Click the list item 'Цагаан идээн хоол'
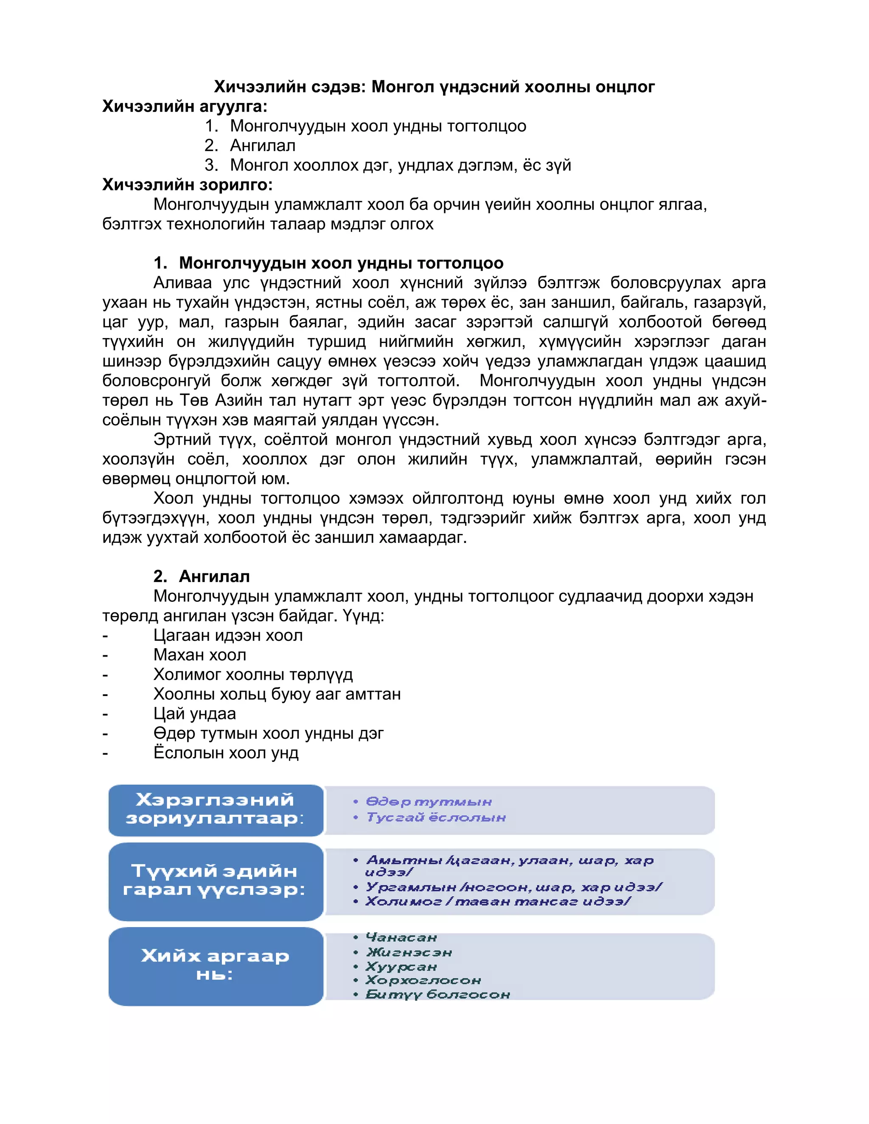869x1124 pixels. click(x=227, y=636)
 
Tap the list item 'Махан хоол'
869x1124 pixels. click(x=200, y=655)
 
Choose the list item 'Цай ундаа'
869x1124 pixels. click(x=195, y=714)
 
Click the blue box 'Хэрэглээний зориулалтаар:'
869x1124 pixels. click(x=215, y=810)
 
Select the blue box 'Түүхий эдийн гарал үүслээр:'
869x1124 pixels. click(x=215, y=881)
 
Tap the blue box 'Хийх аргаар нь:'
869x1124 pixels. click(x=215, y=965)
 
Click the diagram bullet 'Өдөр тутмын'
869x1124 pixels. click(x=428, y=802)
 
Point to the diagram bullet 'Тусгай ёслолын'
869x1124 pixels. click(x=435, y=817)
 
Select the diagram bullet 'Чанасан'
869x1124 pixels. click(x=401, y=938)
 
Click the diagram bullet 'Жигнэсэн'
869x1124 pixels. click(x=409, y=953)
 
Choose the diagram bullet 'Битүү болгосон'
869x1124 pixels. click(x=437, y=995)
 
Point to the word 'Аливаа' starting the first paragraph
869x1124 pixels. click(x=182, y=283)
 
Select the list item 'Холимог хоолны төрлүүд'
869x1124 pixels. click(x=253, y=675)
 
